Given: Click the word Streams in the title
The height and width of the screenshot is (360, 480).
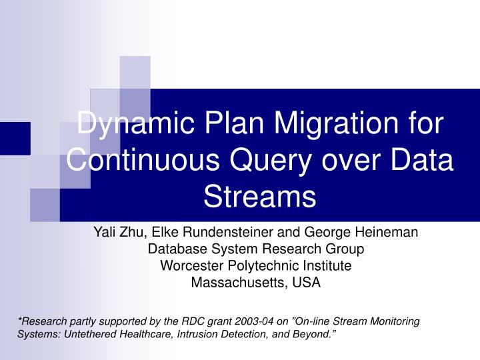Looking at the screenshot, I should point(259,197).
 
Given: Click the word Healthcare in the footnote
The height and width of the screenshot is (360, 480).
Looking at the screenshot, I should point(145,333).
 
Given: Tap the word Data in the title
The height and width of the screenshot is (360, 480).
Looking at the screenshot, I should point(421,161).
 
